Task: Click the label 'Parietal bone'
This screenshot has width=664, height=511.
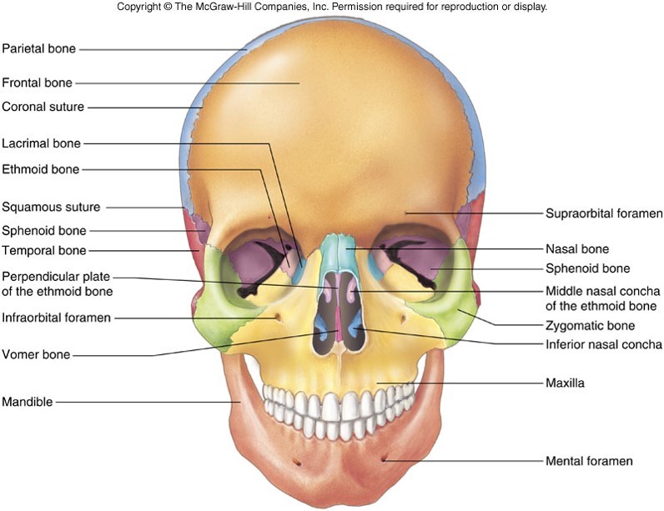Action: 38,48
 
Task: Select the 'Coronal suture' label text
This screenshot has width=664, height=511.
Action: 43,107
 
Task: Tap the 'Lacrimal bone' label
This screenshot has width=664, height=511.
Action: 41,143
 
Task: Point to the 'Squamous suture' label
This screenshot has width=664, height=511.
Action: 51,207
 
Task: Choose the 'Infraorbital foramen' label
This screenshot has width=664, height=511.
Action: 57,317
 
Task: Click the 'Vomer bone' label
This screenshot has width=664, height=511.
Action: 35,355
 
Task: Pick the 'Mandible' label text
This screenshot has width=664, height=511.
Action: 27,402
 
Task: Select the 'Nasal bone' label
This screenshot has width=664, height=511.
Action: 576,248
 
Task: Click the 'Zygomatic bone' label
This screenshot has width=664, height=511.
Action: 590,325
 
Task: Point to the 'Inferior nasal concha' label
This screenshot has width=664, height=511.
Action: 604,344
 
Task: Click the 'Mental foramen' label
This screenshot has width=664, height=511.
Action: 589,460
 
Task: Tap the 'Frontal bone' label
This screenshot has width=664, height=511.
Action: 37,83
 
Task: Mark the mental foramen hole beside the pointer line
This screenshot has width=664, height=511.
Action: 383,458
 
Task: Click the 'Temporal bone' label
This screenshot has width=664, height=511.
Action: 43,250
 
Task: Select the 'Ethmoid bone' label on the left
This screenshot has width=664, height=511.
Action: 40,169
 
